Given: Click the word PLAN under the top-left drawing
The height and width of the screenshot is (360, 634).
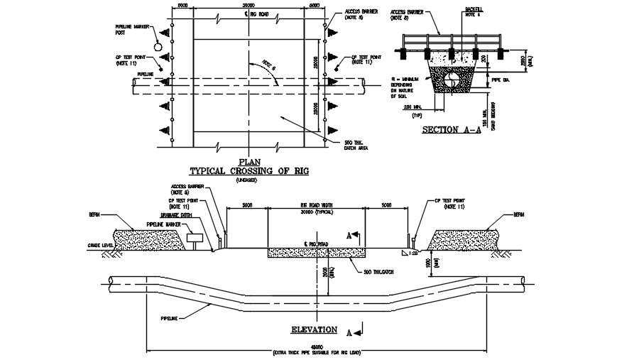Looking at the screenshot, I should pyautogui.click(x=250, y=161).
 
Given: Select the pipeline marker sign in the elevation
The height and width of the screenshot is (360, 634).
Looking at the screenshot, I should pyautogui.click(x=194, y=237).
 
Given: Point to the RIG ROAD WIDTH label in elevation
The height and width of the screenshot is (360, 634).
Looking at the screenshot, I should pyautogui.click(x=317, y=206).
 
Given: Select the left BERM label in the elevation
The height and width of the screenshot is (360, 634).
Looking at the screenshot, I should pyautogui.click(x=94, y=212).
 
